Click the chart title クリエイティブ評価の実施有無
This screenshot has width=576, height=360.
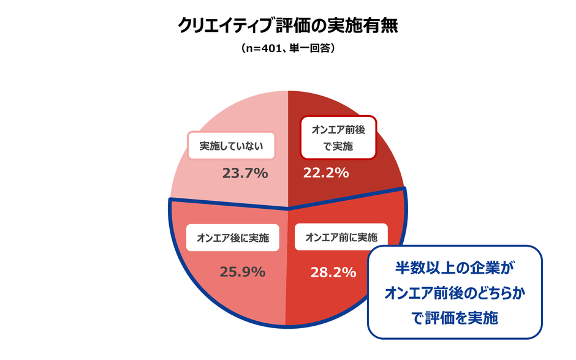pos(288,25)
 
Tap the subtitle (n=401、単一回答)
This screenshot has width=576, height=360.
pos(288,50)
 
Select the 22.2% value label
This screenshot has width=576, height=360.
pos(326,173)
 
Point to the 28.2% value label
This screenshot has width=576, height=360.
pos(333,272)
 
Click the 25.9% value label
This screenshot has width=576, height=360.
pos(242,272)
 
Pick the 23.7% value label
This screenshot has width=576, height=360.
pos(245,173)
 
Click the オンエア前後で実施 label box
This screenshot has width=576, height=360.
pos(338,138)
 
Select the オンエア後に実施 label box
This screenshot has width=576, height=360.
pos(233,238)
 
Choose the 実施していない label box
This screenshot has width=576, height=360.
pos(231,146)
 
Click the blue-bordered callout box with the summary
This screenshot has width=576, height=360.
pos(455,292)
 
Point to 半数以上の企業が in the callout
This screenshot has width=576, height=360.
pos(455,268)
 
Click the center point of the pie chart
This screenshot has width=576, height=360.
pos(288,208)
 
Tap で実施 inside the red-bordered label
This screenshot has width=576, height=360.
pos(338,146)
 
